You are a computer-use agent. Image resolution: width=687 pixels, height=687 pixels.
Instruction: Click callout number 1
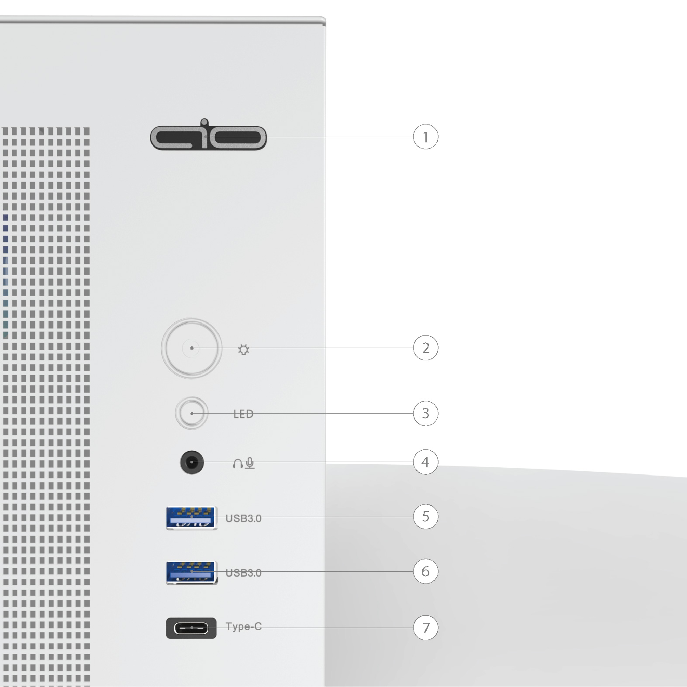coord(425,137)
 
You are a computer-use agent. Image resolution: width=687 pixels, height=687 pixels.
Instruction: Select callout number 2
coord(425,348)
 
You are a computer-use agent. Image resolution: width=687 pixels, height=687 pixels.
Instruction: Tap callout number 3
coord(425,413)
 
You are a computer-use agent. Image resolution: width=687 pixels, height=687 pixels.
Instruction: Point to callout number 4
coord(425,462)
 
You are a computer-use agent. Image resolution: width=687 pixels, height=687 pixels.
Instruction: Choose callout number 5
coord(425,517)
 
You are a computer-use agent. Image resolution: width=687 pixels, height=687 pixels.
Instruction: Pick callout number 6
coord(425,571)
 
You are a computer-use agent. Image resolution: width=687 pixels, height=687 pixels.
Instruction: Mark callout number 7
coord(425,628)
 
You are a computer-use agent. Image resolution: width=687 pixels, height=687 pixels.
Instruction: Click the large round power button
coord(192,348)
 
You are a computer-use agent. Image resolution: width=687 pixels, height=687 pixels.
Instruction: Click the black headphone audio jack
coord(192,462)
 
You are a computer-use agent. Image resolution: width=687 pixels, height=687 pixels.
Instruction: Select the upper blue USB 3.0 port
coord(191,518)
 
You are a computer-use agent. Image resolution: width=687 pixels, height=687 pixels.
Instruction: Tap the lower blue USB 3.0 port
coord(191,572)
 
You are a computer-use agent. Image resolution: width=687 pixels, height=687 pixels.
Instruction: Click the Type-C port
coord(191,628)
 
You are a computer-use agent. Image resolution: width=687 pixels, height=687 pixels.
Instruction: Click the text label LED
coord(243,414)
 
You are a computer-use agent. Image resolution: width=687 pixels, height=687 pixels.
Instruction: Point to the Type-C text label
coord(244,627)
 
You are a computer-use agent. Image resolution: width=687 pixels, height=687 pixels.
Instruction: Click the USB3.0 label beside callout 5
coord(243,518)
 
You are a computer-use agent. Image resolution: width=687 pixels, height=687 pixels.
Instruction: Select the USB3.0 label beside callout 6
coord(243,573)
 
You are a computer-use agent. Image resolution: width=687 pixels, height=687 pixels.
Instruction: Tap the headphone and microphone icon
coord(244,463)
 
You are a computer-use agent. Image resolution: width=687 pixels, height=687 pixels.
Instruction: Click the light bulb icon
coord(244,349)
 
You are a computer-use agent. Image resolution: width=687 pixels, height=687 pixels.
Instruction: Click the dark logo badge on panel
coord(208,135)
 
